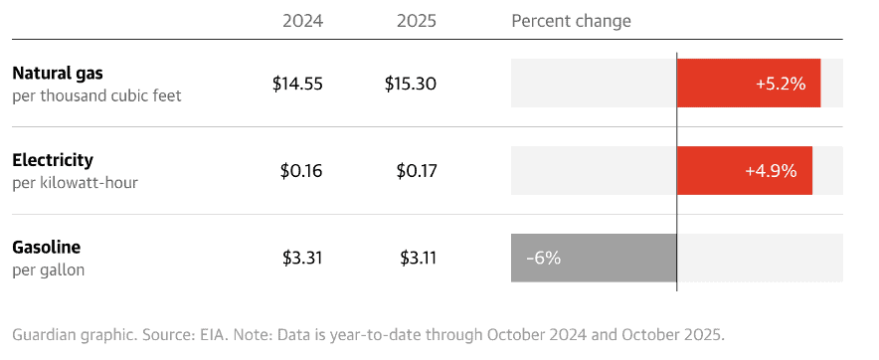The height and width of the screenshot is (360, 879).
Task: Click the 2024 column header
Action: click(301, 21)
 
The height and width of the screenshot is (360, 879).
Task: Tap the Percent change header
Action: click(571, 21)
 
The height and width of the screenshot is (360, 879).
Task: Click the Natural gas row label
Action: click(58, 73)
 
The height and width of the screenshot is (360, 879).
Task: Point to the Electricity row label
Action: click(53, 159)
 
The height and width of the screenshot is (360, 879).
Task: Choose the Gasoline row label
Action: click(47, 247)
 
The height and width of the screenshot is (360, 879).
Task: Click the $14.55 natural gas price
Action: click(297, 85)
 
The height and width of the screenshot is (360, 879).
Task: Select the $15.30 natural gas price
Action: click(411, 85)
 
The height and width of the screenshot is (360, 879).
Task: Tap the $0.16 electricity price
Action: click(301, 171)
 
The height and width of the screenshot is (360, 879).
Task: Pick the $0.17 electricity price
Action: click(416, 171)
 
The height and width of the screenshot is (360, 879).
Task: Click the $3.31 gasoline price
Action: click(302, 259)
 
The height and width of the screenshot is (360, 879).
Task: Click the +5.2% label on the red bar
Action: click(781, 84)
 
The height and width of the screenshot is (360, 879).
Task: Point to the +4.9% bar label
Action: click(772, 171)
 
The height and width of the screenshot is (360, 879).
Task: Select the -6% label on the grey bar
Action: click(543, 259)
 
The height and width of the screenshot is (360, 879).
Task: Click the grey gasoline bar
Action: click(616, 259)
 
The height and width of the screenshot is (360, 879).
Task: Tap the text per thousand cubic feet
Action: click(96, 96)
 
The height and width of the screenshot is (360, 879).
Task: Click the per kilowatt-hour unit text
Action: click(75, 183)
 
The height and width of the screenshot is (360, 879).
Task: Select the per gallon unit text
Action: click(48, 270)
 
